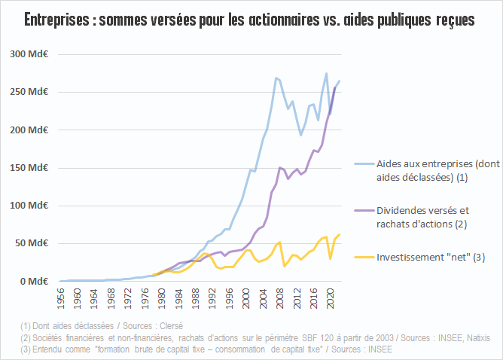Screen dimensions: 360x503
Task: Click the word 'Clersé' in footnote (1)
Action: [171, 326]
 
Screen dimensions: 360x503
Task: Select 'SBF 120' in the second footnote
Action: [317, 337]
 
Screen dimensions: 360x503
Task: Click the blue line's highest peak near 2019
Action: [326, 74]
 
